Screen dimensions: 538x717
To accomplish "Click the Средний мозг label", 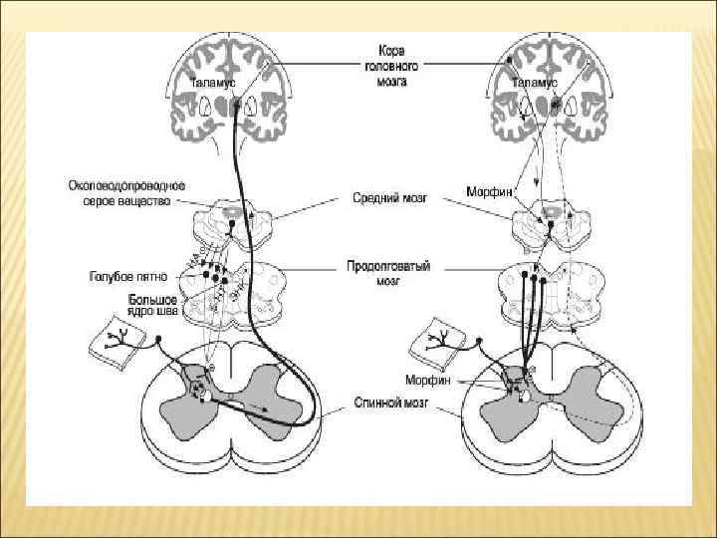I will [390, 198].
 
